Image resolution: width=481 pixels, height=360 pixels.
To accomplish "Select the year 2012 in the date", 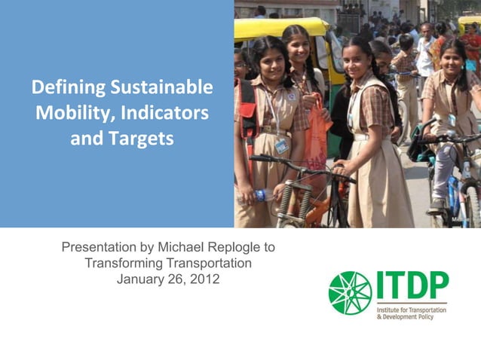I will click(204, 279).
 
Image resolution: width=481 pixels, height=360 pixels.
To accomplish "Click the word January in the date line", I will click(141, 279).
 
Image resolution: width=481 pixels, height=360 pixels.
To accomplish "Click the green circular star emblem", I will click(350, 293).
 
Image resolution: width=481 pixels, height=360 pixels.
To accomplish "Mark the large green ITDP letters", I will click(412, 287).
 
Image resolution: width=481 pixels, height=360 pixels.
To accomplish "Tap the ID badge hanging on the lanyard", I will click(281, 145).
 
